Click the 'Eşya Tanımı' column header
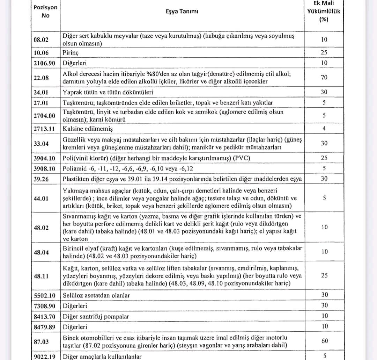click(x=182, y=12)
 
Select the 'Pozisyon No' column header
click(x=45, y=12)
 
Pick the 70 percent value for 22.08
click(x=324, y=77)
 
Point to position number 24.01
click(x=41, y=92)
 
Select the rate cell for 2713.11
click(x=324, y=129)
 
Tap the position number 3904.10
click(x=45, y=158)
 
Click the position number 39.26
click(x=41, y=179)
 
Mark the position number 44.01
click(x=41, y=198)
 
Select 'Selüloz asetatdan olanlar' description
click(x=96, y=295)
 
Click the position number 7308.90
click(x=45, y=306)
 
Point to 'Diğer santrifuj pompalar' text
click(x=96, y=317)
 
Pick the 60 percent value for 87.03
click(x=324, y=341)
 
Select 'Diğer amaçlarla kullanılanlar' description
click(x=102, y=357)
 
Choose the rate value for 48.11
click(x=324, y=275)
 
